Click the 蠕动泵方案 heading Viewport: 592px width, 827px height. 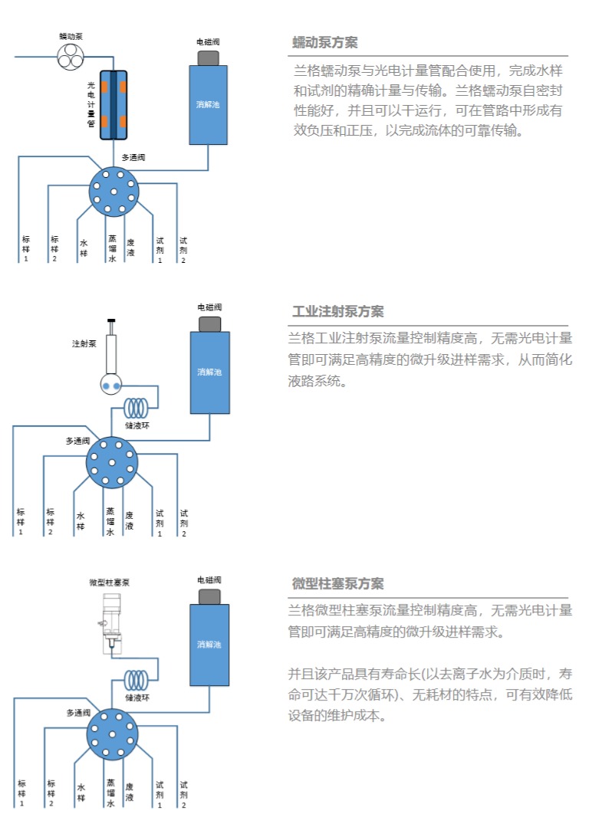point(325,42)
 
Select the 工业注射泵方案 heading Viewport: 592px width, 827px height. point(338,311)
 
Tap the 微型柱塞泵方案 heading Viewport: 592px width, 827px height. point(338,583)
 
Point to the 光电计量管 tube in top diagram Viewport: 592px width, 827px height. point(113,105)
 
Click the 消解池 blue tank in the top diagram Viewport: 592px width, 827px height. point(209,105)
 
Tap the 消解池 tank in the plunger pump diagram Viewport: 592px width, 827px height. point(209,644)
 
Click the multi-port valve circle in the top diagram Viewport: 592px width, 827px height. point(113,191)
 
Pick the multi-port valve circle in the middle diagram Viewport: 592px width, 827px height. point(111,461)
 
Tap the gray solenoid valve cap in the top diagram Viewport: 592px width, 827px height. point(209,57)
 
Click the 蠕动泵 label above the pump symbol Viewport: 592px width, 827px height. point(72,35)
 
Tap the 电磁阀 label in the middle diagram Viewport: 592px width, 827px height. point(209,307)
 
